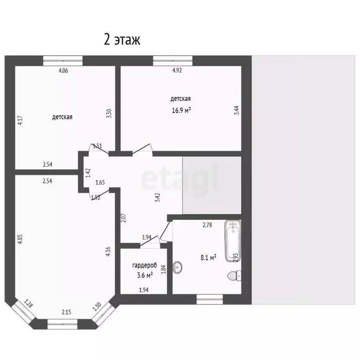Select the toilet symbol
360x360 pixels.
[x=233, y=275]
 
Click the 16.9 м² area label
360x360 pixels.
[x=180, y=111]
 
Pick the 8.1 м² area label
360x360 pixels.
[x=208, y=257]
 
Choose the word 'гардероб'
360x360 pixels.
[x=143, y=265]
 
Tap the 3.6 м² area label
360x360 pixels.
[x=143, y=275]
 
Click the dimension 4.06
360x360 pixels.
[x=63, y=71]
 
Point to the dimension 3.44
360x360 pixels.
[x=237, y=110]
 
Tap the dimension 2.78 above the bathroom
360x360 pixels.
[x=208, y=225]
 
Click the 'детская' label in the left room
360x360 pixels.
[x=62, y=117]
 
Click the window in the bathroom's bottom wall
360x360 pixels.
[x=210, y=299]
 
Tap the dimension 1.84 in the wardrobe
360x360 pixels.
[x=163, y=269]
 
